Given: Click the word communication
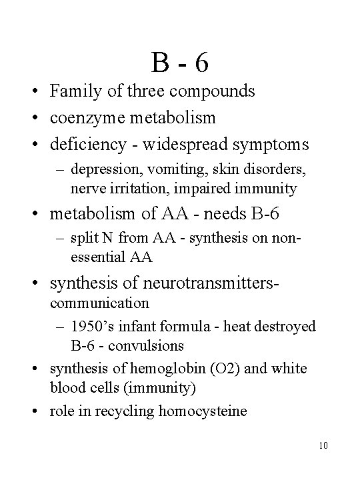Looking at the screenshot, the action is [x=99, y=303].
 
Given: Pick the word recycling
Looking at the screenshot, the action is [x=126, y=411].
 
